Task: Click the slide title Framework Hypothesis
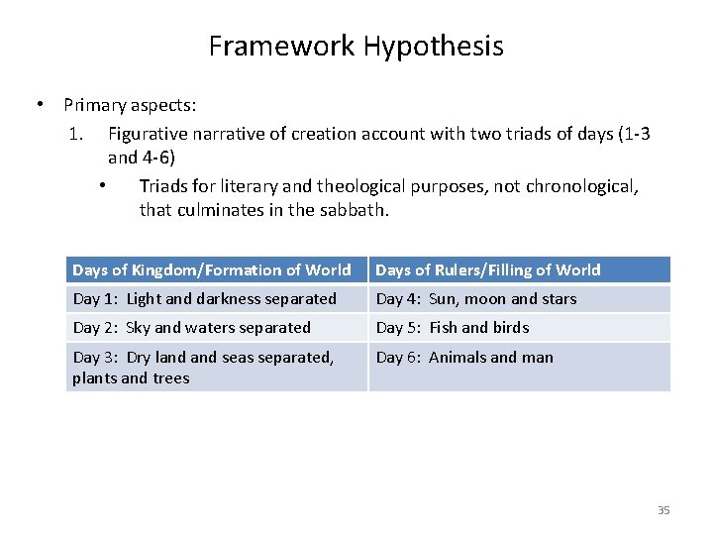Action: (356, 46)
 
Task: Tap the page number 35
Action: (663, 510)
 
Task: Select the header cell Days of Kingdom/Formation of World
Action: (212, 269)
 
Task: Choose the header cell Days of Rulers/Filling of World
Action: (488, 269)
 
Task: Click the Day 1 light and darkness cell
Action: (205, 298)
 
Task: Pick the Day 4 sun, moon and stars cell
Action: (476, 298)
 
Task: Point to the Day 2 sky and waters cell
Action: (192, 327)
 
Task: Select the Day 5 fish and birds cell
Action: (453, 327)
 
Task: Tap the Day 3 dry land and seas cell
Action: (203, 367)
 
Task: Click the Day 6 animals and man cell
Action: (465, 357)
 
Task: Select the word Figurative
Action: (151, 133)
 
